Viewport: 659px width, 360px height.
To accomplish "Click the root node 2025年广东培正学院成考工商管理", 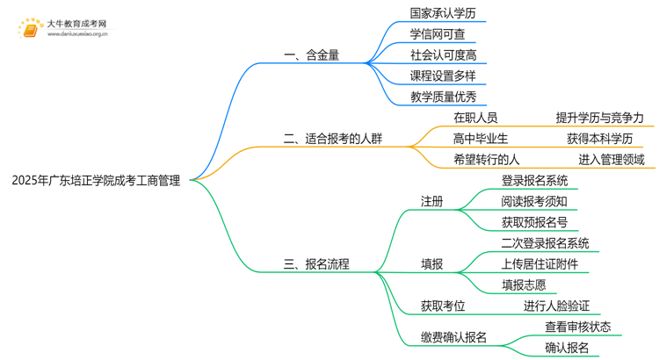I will coord(97,181).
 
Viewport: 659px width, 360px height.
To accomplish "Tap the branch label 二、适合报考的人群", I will coord(333,138).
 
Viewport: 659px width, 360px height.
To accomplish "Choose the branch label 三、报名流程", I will coord(315,263).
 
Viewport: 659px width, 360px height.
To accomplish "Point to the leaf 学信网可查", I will coord(437,34).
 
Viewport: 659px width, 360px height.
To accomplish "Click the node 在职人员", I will coord(474,118).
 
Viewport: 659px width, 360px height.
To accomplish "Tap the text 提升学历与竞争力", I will coord(599,118).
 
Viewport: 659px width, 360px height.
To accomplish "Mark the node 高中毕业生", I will coord(480,139).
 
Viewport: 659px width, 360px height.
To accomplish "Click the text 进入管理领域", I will coord(611,160).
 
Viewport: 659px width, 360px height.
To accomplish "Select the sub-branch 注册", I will coord(431,202).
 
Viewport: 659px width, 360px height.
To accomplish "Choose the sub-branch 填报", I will coord(431,263).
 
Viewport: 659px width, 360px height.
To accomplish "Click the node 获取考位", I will coord(442,306).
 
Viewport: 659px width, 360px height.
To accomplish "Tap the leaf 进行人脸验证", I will coord(556,306).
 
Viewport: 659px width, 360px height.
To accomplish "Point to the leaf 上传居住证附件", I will coord(540,263).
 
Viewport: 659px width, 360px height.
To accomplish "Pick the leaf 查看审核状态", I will coord(577,327).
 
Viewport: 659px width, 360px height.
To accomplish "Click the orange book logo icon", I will coord(27,29).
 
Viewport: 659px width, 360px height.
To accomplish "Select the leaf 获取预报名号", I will coord(533,222).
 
